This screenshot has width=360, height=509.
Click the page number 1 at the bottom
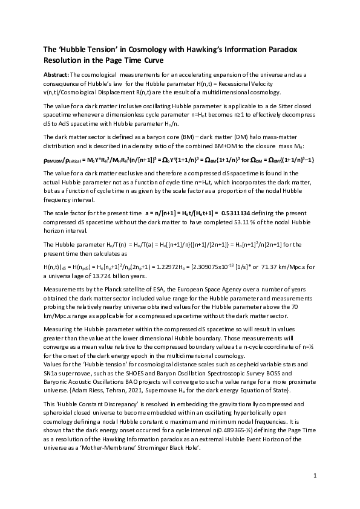click(x=315, y=477)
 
